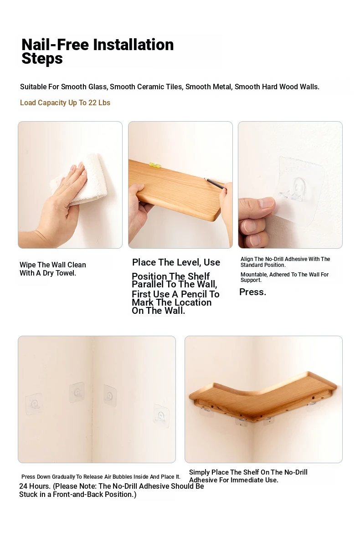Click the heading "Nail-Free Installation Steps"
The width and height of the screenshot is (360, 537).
[x=98, y=51]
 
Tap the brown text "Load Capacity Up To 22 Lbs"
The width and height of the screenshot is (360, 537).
[x=65, y=103]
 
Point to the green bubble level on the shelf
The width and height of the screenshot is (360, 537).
[x=155, y=165]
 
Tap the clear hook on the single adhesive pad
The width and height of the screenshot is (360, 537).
[x=295, y=190]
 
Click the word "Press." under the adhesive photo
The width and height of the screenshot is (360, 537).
[x=252, y=292]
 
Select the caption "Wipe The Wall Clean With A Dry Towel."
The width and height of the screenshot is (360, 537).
[x=53, y=269]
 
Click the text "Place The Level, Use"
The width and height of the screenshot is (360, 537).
[x=176, y=262]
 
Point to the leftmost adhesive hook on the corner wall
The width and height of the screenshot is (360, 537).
[x=34, y=404]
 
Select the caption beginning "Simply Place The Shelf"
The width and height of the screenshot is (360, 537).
[x=248, y=476]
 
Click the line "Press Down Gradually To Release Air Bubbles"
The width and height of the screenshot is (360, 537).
[x=101, y=477]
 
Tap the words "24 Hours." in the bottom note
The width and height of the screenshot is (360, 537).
[x=35, y=486]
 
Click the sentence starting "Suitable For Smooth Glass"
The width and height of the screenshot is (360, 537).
[x=170, y=87]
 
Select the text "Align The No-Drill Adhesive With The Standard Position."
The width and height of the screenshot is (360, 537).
[x=285, y=262]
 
